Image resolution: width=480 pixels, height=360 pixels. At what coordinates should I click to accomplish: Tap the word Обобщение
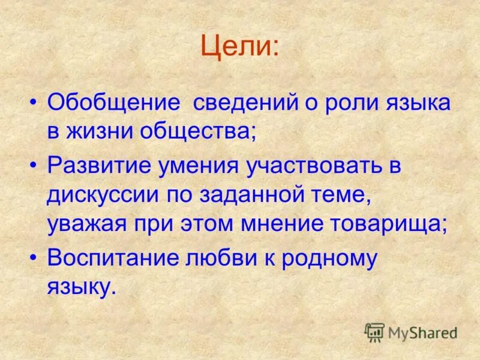click(113, 103)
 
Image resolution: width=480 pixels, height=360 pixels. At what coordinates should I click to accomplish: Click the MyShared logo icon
click(374, 332)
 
